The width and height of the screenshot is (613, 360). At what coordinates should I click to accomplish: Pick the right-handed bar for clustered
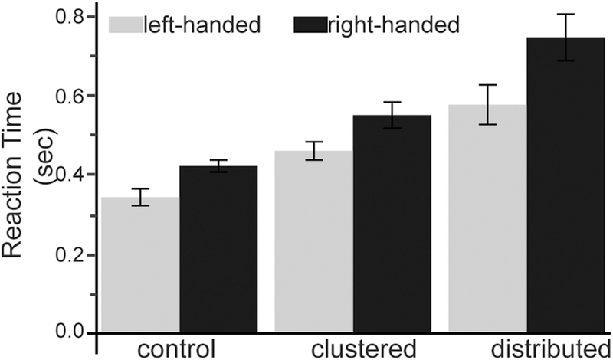(x=392, y=225)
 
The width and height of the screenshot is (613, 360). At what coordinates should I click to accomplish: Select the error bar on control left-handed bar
(x=140, y=197)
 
